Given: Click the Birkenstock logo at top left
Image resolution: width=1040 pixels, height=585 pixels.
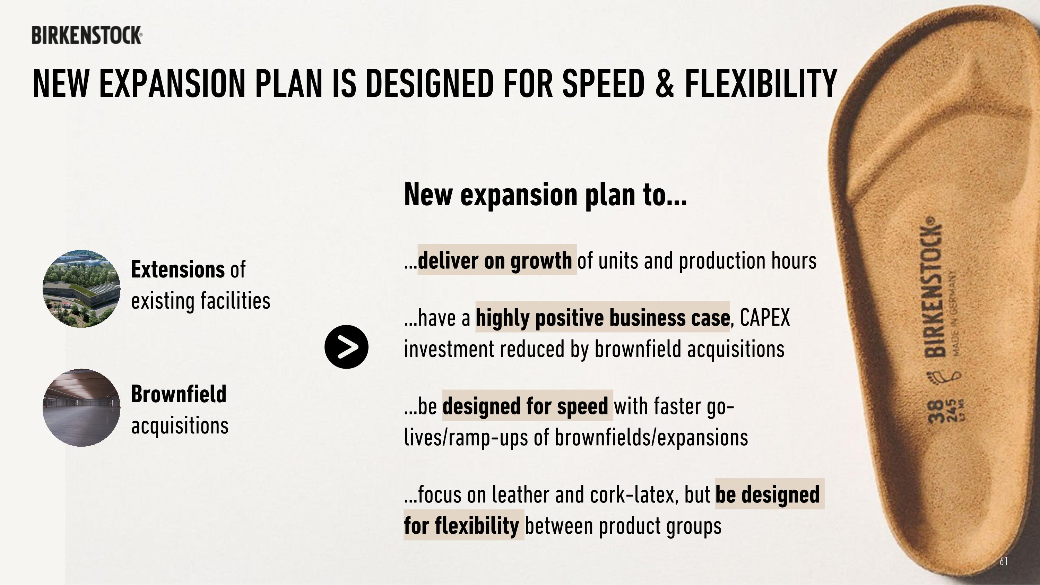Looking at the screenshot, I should coord(87,35).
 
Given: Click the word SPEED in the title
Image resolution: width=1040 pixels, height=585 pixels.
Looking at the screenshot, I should coord(603,84).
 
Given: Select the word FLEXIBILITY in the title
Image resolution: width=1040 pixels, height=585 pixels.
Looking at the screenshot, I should coord(761,84).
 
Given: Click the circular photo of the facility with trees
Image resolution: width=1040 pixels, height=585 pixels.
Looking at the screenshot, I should coord(81,289).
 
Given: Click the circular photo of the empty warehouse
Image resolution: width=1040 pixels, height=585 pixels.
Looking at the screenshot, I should coord(81,407).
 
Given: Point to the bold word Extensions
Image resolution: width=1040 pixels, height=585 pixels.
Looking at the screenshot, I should coord(177,269).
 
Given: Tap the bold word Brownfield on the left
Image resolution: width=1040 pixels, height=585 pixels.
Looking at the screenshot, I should coord(179,394).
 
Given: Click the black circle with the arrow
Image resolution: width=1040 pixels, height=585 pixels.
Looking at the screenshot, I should coord(346,347).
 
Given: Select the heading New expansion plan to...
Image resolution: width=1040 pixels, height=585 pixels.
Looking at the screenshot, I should coord(545,195).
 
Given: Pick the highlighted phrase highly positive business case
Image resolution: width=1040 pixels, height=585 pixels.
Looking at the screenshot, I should coord(603,318).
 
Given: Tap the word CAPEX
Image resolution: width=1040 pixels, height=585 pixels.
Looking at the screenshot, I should coord(765,318).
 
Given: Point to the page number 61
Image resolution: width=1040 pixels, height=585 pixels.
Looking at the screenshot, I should coord(1004,561).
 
